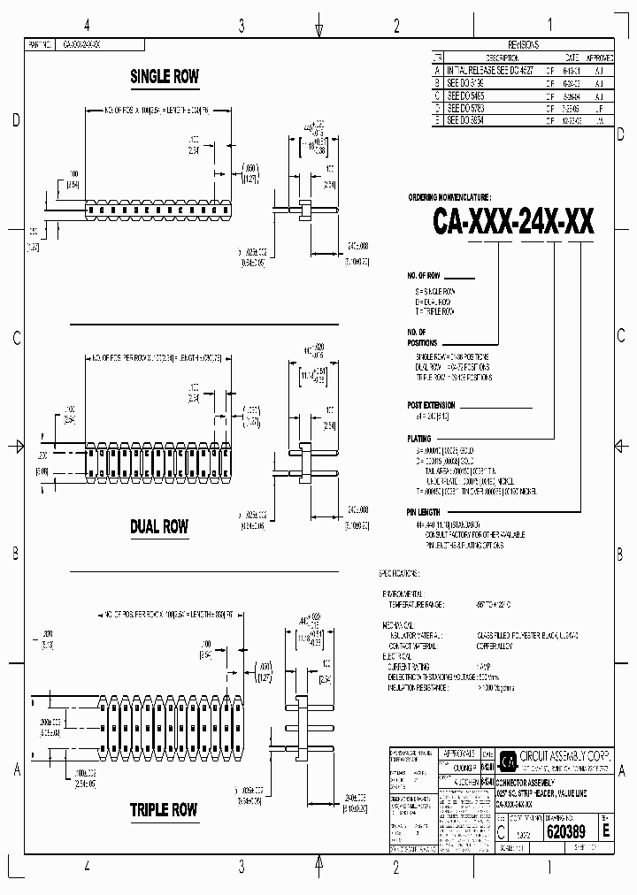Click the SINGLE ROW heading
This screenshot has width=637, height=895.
tap(165, 77)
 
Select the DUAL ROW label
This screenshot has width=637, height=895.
tap(159, 527)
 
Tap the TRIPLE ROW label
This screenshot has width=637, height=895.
tap(164, 810)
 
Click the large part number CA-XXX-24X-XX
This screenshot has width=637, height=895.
tap(513, 219)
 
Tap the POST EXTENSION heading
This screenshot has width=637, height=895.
tap(431, 404)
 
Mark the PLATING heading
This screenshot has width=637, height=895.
tap(419, 439)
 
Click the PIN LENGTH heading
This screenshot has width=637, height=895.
tap(423, 512)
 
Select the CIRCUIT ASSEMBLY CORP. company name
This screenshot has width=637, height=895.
tap(566, 756)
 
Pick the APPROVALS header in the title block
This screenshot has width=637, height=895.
tap(459, 753)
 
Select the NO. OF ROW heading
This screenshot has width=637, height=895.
tap(424, 277)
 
